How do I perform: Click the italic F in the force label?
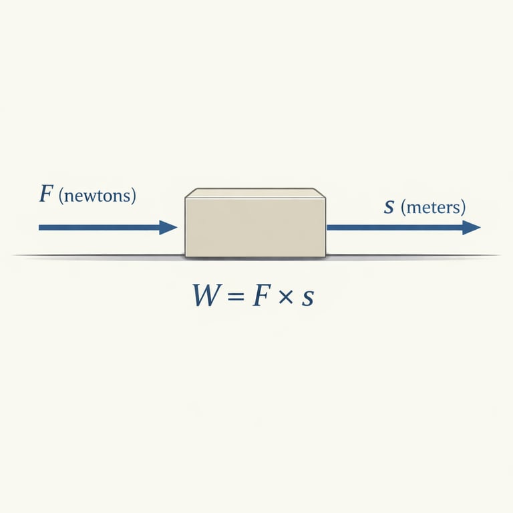(x=46, y=195)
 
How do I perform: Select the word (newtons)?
(x=98, y=196)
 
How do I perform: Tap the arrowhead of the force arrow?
(x=168, y=228)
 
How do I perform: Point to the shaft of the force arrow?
(x=100, y=228)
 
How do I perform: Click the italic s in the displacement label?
(x=389, y=207)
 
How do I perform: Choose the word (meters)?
(x=433, y=207)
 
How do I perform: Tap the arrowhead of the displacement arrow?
(x=472, y=228)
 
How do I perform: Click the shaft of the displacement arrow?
(x=394, y=228)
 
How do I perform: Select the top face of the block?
(x=255, y=193)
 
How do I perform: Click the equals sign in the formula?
(x=234, y=296)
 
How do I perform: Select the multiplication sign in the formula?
(x=285, y=297)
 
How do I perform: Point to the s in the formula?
(x=307, y=298)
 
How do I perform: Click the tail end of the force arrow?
(x=41, y=228)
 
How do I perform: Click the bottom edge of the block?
(x=255, y=256)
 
